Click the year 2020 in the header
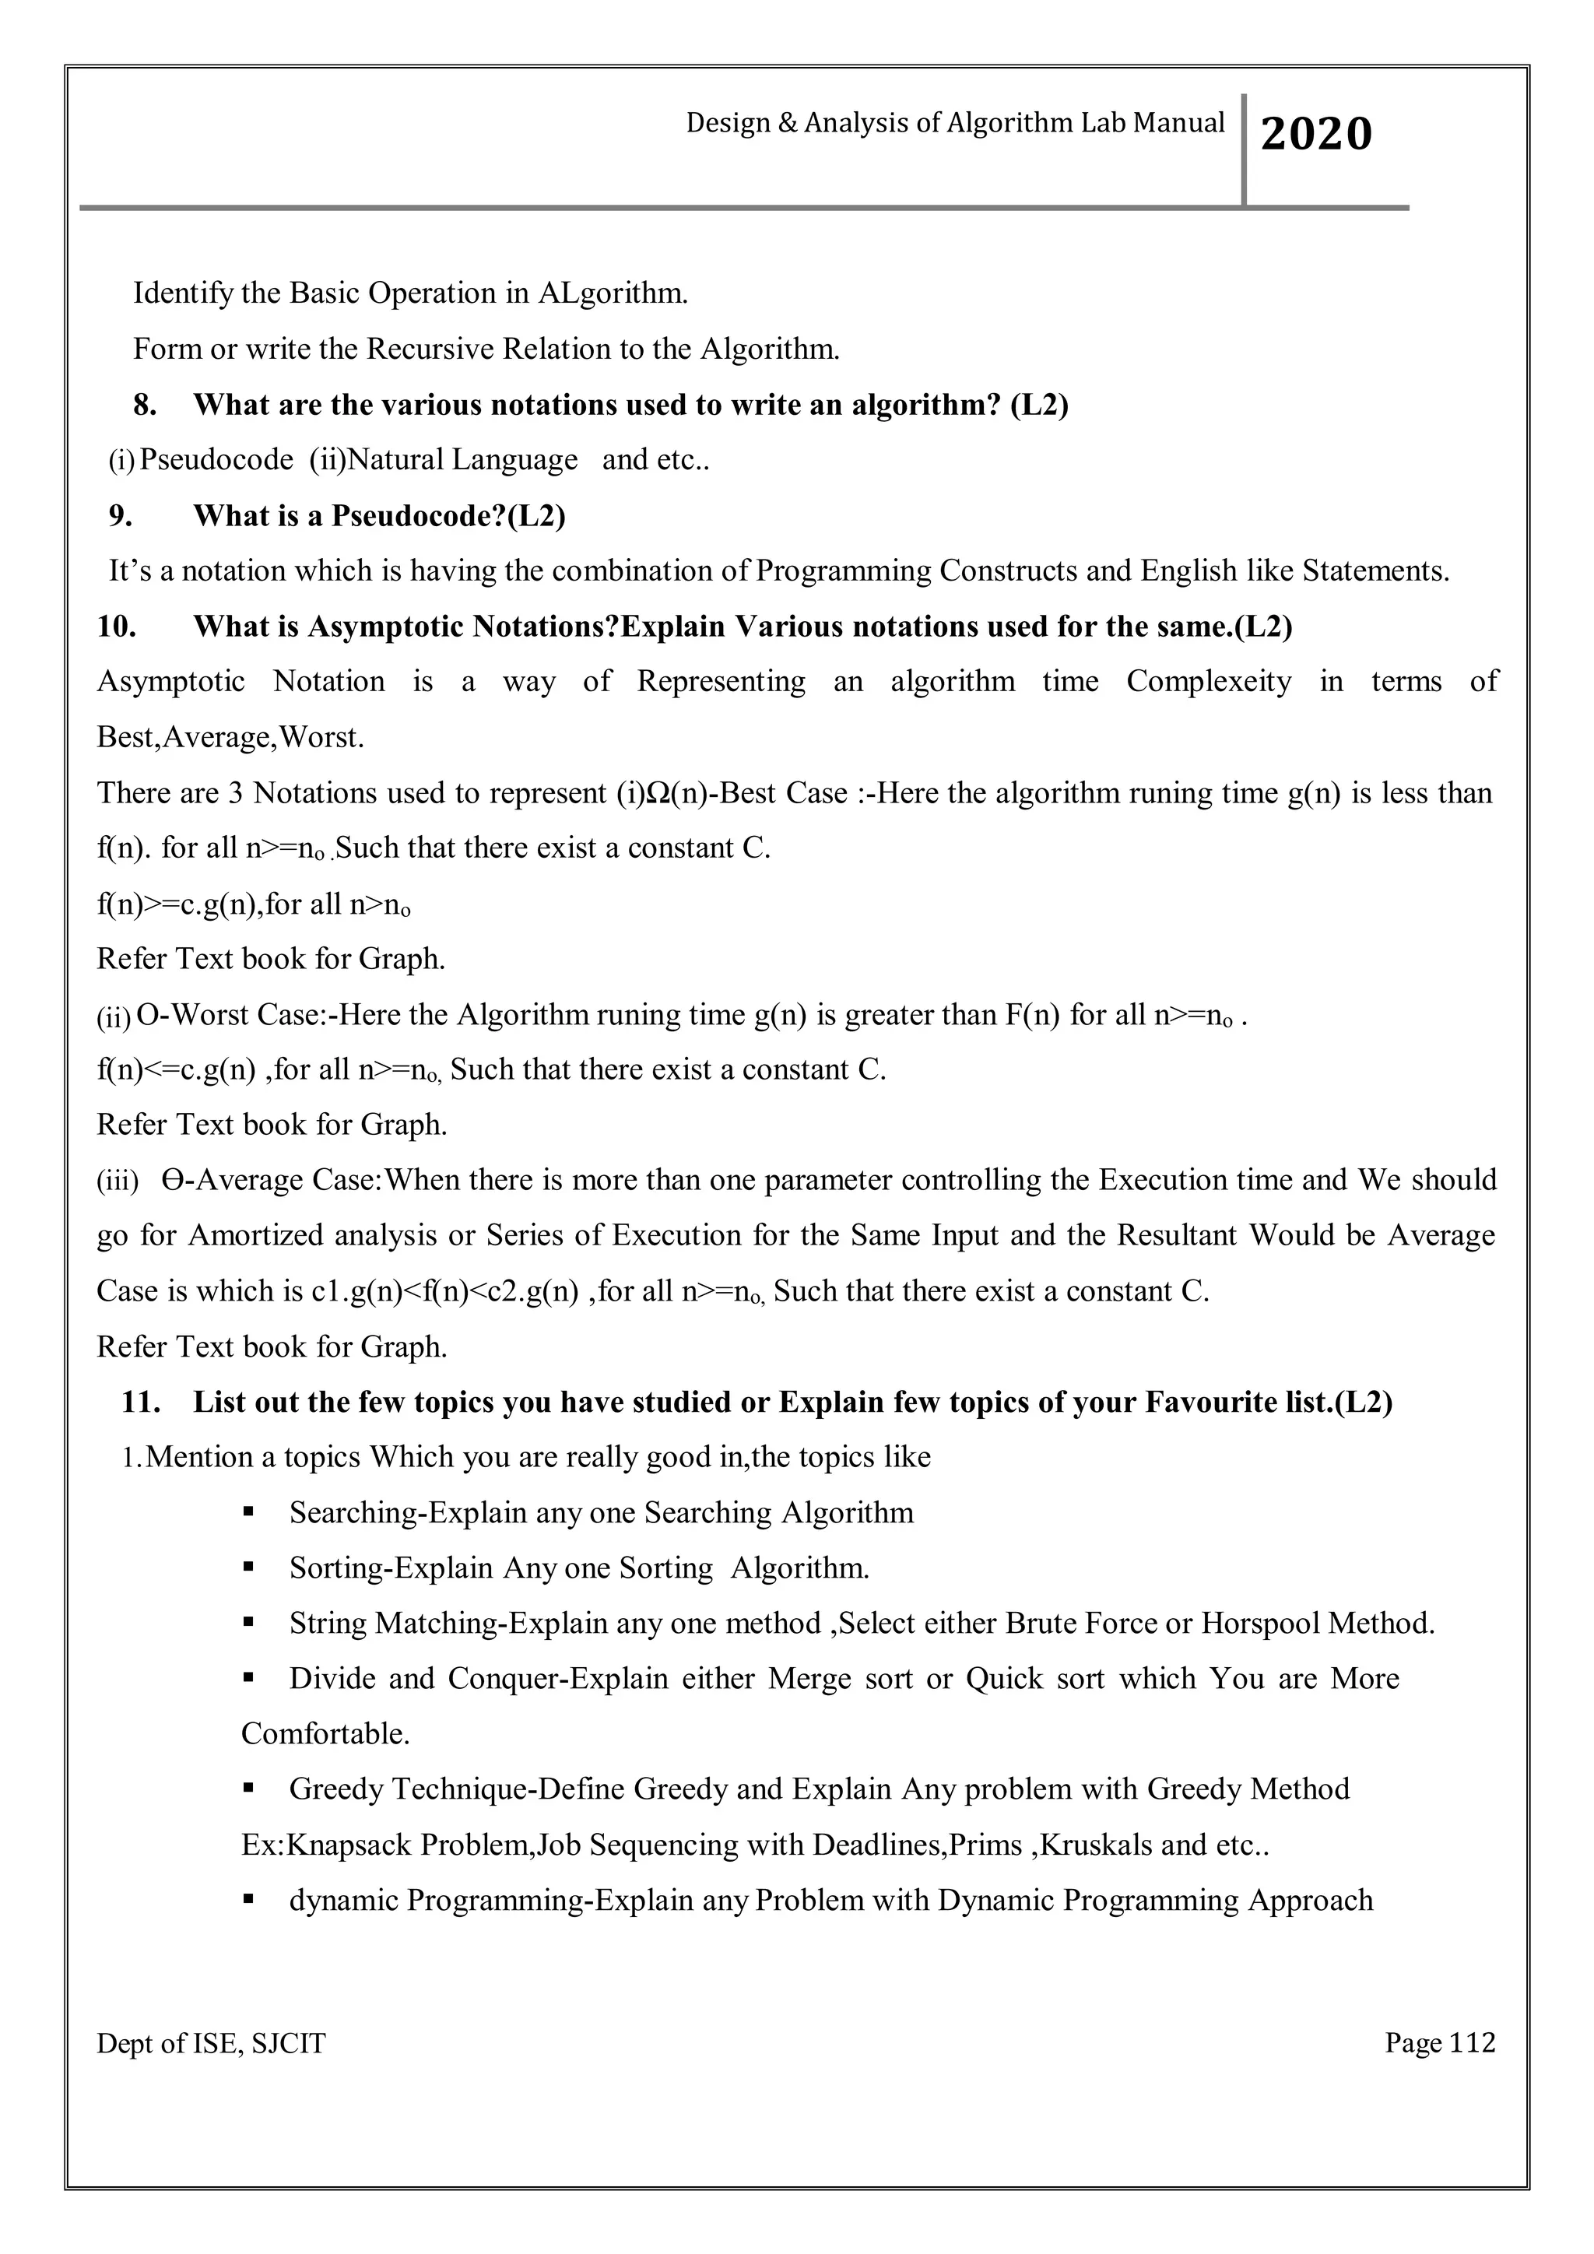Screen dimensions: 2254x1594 click(x=1316, y=135)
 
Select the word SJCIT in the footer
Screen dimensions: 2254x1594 click(x=289, y=2044)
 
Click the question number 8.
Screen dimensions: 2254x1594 click(x=146, y=405)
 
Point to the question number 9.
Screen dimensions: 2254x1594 click(x=121, y=515)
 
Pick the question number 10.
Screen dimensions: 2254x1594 click(x=117, y=627)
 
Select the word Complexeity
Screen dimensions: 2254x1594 click(x=1208, y=681)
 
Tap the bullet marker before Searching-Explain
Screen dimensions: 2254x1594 click(x=248, y=1513)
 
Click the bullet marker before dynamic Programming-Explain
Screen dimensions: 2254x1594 click(x=248, y=1901)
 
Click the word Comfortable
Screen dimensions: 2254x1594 click(x=325, y=1733)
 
